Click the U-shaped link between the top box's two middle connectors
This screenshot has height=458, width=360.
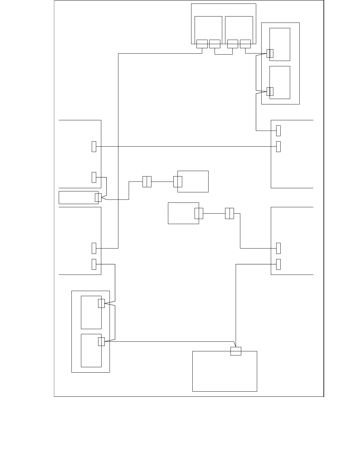pos(223,54)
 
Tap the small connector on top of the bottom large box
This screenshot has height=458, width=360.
pos(236,351)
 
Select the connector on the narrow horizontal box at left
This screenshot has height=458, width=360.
pos(98,197)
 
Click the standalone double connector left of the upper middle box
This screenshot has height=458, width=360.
pos(147,182)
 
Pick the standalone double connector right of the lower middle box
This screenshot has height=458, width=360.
pos(229,213)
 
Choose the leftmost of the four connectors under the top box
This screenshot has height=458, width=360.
pos(202,44)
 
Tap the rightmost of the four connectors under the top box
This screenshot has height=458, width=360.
pos(245,44)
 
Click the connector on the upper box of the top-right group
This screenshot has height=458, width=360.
pos(270,53)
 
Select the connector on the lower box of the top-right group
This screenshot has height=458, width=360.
pos(270,91)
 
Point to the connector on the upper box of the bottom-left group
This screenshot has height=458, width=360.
pos(101,303)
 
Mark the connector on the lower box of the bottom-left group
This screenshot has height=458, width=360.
pos(101,342)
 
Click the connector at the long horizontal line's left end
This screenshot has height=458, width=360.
pos(94,146)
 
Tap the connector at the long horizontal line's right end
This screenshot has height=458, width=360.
pos(278,146)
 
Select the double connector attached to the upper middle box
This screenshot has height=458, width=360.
pos(177,182)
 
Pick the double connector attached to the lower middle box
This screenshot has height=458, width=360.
pos(199,213)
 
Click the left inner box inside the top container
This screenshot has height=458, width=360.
pos(208,28)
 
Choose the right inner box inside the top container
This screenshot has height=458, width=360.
pos(239,28)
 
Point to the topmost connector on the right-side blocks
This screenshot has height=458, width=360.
pos(278,130)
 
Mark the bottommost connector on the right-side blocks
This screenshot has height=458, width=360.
pos(278,264)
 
